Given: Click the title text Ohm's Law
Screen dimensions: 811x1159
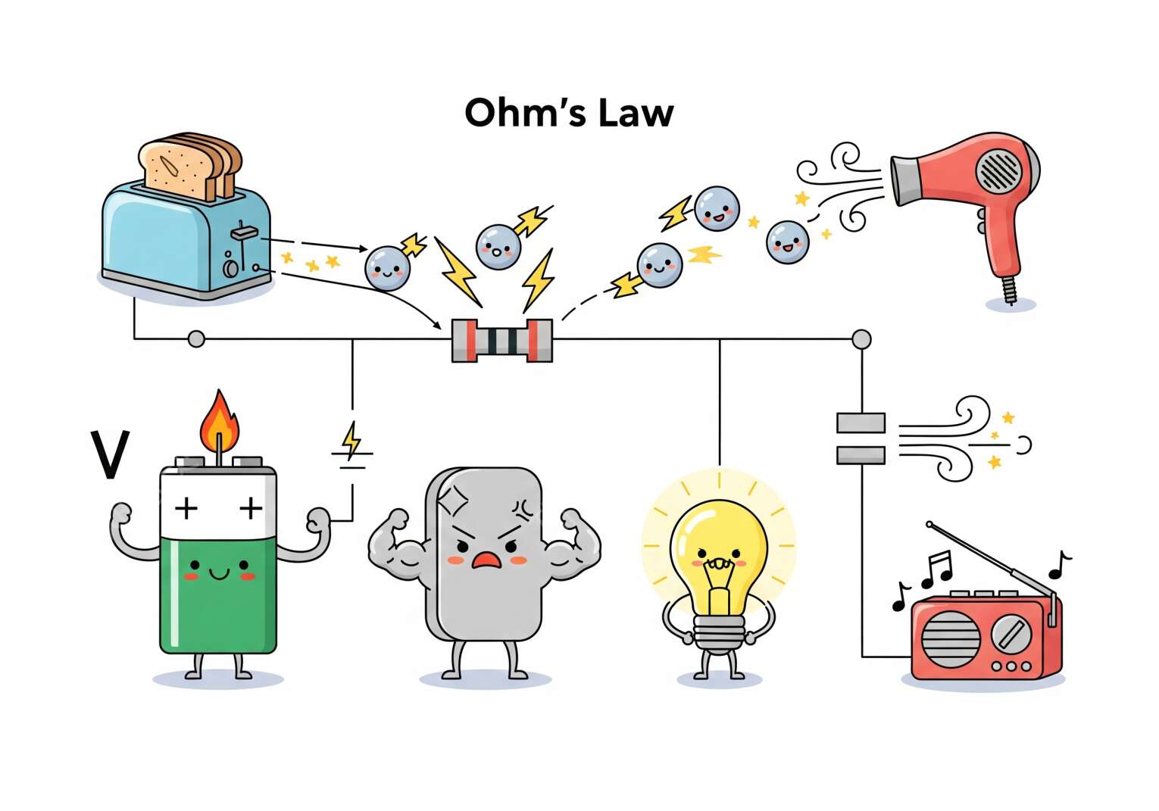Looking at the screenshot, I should click(569, 113).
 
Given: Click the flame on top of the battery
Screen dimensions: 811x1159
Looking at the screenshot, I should click(219, 422).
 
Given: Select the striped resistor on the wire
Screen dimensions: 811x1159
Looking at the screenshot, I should click(501, 341).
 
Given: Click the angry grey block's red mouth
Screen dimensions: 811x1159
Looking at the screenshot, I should click(486, 560).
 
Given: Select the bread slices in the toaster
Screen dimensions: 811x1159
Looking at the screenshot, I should click(190, 167).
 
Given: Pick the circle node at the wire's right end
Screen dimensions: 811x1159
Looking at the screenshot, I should click(861, 339).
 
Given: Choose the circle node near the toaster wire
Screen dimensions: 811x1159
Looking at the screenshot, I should click(196, 339).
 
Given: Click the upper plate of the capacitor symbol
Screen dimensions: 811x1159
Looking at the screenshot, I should click(861, 423).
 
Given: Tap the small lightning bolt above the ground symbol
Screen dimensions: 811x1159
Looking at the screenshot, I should click(351, 440).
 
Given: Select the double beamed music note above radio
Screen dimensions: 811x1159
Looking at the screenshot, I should click(936, 569).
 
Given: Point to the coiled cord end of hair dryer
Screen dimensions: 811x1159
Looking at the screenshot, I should click(1009, 290).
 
